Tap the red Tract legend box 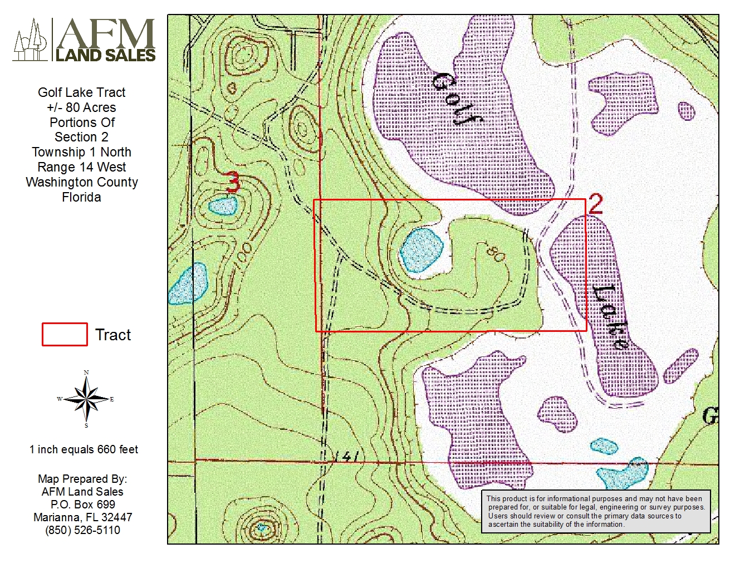click(65, 335)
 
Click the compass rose click(86, 399)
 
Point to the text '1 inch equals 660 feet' click(84, 449)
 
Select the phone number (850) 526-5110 click(82, 530)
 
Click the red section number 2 click(595, 204)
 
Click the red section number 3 click(233, 182)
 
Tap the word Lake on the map click(611, 316)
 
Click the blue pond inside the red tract click(422, 249)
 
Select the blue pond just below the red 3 click(223, 207)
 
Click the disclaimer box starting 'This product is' click(595, 511)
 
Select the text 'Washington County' click(82, 182)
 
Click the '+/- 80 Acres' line click(82, 107)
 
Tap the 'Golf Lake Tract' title click(82, 92)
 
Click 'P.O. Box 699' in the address click(82, 505)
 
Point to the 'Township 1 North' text click(82, 152)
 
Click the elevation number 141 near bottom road click(345, 457)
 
